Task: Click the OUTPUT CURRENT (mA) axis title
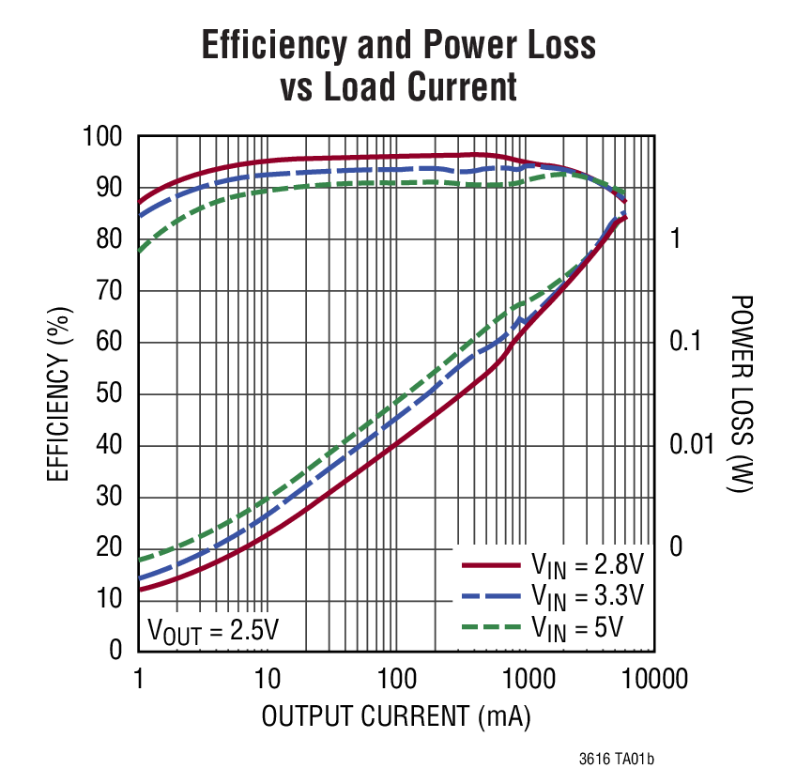(396, 717)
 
